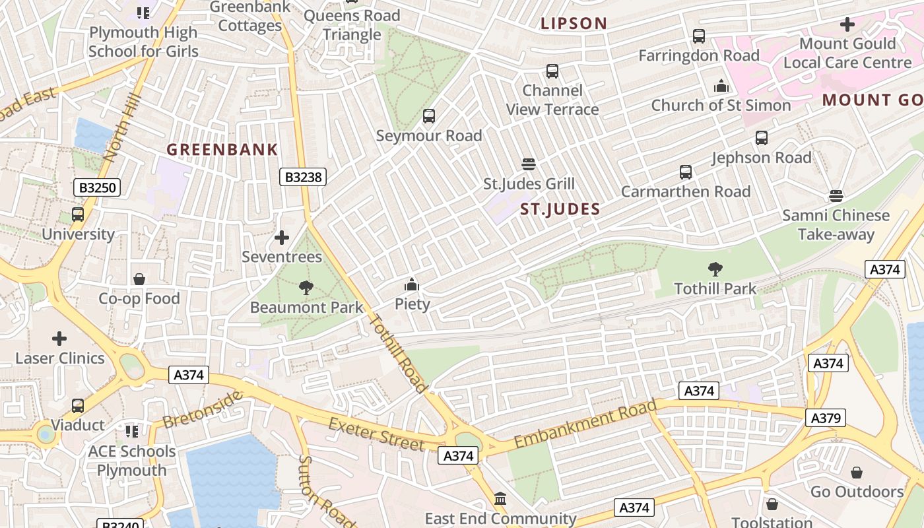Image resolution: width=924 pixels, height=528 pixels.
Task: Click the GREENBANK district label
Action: [222, 150]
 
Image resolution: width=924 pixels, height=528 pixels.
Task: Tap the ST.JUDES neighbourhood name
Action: [560, 210]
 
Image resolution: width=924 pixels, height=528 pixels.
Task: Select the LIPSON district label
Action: [574, 23]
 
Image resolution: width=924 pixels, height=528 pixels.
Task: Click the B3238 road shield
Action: [304, 177]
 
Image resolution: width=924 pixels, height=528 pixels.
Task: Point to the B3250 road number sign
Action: [97, 188]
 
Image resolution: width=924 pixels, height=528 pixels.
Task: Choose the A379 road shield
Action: [825, 418]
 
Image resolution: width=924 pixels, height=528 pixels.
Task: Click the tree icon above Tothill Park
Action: [715, 269]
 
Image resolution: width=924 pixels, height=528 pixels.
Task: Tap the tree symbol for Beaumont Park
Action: [306, 288]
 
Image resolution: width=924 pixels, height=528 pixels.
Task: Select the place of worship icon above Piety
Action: [412, 285]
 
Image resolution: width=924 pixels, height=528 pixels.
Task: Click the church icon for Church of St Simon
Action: [721, 86]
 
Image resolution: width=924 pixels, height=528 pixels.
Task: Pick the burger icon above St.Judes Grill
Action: [528, 164]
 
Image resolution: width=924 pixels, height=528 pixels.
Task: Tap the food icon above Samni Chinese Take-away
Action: [836, 196]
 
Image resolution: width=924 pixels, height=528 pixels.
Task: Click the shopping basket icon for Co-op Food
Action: [139, 279]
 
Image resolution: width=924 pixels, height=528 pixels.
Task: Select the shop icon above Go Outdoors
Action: [856, 473]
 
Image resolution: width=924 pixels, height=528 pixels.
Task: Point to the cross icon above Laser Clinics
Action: [59, 339]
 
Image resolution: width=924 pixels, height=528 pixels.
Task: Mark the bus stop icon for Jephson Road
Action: [761, 138]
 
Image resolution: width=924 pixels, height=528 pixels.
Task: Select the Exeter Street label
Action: [376, 434]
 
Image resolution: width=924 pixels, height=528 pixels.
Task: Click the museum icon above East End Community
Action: [500, 499]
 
